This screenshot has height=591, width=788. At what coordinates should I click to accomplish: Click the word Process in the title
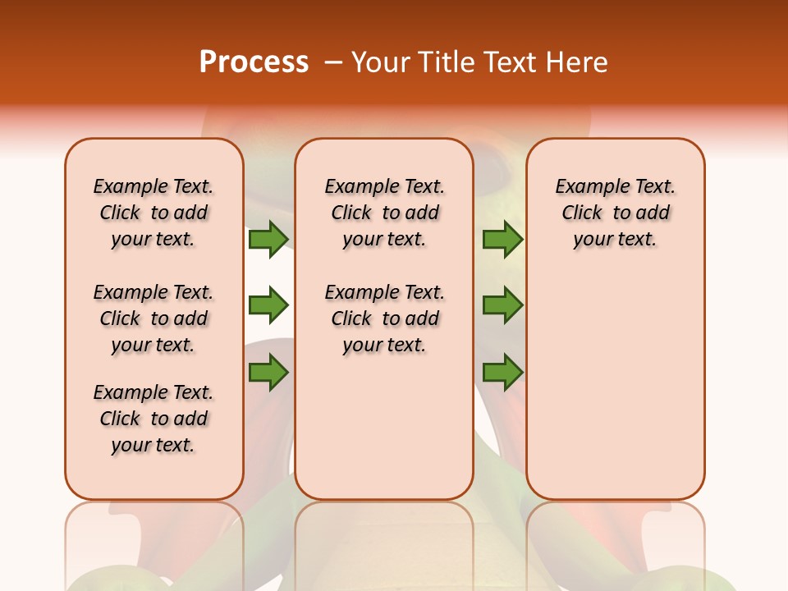pyautogui.click(x=254, y=62)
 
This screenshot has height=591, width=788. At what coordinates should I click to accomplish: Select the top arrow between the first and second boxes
pyautogui.click(x=268, y=239)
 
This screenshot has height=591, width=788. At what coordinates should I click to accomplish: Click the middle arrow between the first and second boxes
pyautogui.click(x=268, y=305)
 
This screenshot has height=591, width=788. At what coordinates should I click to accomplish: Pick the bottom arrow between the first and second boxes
pyautogui.click(x=268, y=373)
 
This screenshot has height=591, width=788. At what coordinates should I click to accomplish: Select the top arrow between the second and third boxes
pyautogui.click(x=502, y=239)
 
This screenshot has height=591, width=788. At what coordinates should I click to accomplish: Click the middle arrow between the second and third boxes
pyautogui.click(x=502, y=305)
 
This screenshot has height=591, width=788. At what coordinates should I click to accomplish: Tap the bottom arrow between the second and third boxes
pyautogui.click(x=502, y=373)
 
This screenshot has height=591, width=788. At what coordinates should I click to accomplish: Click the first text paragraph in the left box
pyautogui.click(x=153, y=213)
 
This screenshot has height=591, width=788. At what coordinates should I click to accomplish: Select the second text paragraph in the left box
pyautogui.click(x=153, y=318)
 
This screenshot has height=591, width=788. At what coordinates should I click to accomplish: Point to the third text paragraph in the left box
pyautogui.click(x=153, y=419)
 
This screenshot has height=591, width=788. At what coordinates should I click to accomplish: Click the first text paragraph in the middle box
pyautogui.click(x=385, y=213)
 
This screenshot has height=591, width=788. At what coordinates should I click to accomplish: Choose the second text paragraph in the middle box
pyautogui.click(x=385, y=318)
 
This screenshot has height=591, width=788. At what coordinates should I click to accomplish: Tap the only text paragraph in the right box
pyautogui.click(x=616, y=213)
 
